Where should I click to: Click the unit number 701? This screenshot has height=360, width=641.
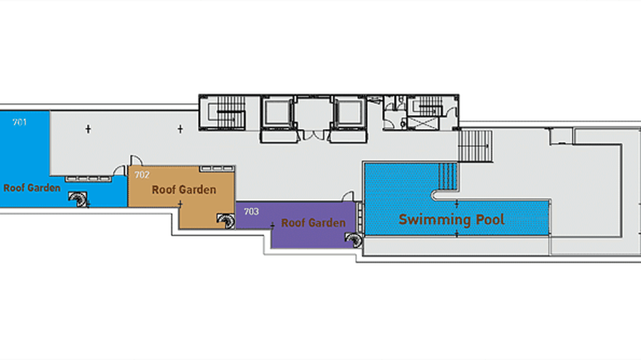pyautogui.click(x=20, y=122)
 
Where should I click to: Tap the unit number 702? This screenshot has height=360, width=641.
pyautogui.click(x=142, y=175)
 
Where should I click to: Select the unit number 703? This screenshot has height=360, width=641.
pyautogui.click(x=251, y=212)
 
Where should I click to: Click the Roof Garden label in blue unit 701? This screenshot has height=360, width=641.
pyautogui.click(x=32, y=188)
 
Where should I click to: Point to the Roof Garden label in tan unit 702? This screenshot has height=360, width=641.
pyautogui.click(x=184, y=190)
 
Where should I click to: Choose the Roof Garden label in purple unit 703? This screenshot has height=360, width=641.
pyautogui.click(x=313, y=223)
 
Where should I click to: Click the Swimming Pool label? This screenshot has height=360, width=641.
pyautogui.click(x=451, y=220)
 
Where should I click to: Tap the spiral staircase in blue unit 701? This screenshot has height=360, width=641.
pyautogui.click(x=78, y=199)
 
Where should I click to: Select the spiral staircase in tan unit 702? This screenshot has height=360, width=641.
pyautogui.click(x=226, y=221)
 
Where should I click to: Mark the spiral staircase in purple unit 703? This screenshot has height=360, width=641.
pyautogui.click(x=353, y=240)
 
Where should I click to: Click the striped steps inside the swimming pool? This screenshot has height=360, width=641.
pyautogui.click(x=448, y=176)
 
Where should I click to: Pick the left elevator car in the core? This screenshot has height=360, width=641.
pyautogui.click(x=277, y=112)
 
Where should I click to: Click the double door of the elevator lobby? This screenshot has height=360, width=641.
pyautogui.click(x=314, y=135)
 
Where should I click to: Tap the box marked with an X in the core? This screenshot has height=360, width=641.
pyautogui.click(x=423, y=123)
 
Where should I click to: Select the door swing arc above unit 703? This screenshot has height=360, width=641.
pyautogui.click(x=348, y=196)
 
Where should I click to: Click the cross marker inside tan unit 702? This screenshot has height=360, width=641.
pyautogui.click(x=180, y=204)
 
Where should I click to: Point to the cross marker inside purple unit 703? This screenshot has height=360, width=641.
pyautogui.click(x=272, y=226)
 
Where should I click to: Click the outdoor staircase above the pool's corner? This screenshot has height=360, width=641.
pyautogui.click(x=475, y=146)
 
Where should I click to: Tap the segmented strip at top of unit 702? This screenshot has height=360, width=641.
pyautogui.click(x=217, y=169)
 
